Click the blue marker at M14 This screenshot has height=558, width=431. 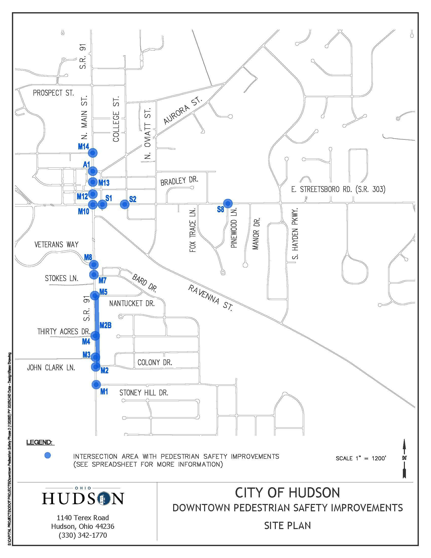click(x=93, y=153)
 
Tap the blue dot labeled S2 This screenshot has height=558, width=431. click(x=124, y=204)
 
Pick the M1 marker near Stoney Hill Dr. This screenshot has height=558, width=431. click(x=96, y=384)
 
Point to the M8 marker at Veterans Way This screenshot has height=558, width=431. click(x=94, y=264)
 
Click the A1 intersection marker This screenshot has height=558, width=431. click(x=93, y=171)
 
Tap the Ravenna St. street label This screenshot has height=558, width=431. click(x=210, y=298)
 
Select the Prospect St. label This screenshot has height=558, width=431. click(x=53, y=93)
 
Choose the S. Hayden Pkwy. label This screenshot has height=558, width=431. click(x=295, y=233)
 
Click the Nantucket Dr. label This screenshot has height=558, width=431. click(x=132, y=303)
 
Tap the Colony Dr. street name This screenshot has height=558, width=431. click(x=155, y=362)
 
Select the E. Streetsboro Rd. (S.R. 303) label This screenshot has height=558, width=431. click(x=338, y=189)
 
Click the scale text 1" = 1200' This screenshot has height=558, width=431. click(x=361, y=458)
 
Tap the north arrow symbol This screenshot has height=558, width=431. click(x=404, y=458)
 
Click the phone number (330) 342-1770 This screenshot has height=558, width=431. click(x=83, y=535)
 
